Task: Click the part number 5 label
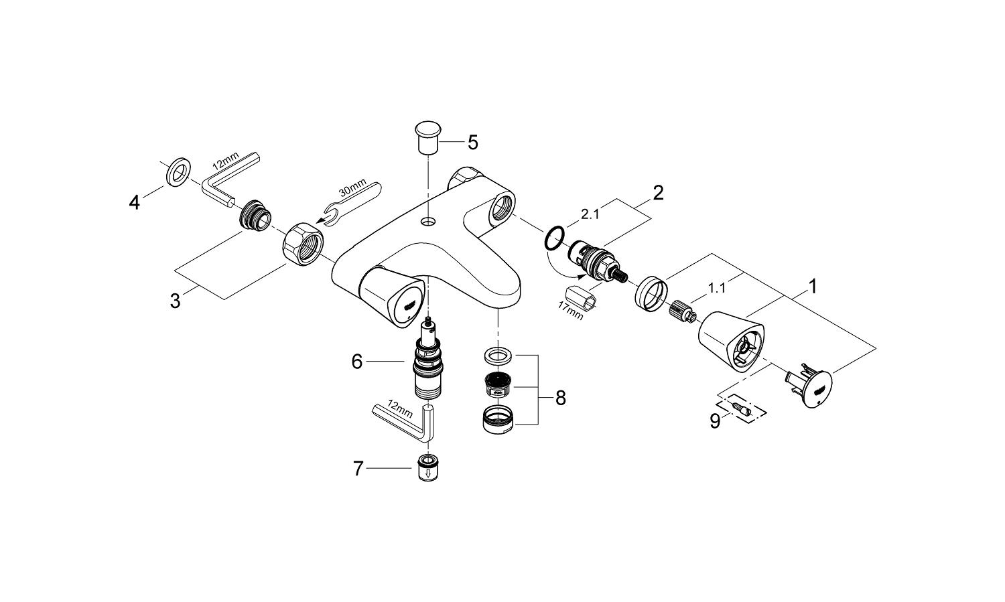point(472,142)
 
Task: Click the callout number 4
point(135,202)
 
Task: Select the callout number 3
point(176,301)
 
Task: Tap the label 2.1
point(590,214)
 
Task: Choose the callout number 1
point(813,287)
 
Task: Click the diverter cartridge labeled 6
point(427,362)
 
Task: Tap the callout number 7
point(358,469)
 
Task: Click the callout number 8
point(560,398)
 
